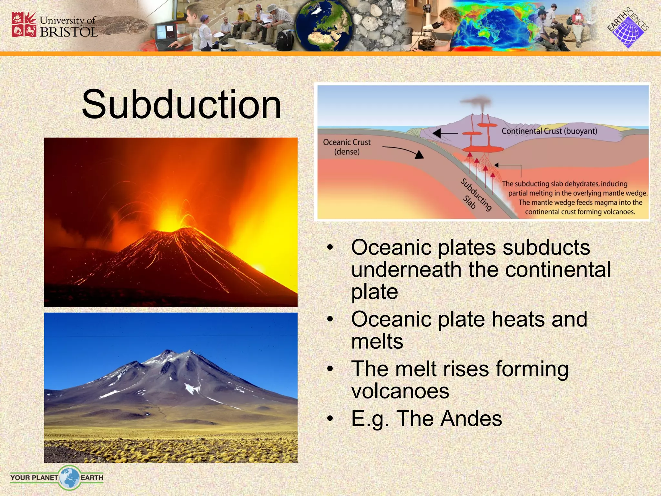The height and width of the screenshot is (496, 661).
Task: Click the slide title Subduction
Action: [181, 105]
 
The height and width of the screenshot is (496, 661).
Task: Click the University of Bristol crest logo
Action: [24, 25]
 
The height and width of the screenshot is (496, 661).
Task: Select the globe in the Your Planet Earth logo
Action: [69, 477]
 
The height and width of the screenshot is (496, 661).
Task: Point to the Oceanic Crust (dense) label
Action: [347, 147]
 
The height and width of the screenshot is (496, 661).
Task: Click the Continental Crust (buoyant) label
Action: [549, 131]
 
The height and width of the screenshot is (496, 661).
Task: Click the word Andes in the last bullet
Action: [471, 418]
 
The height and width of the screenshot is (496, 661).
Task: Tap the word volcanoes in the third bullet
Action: [400, 391]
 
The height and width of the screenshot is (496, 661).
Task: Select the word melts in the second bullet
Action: [377, 342]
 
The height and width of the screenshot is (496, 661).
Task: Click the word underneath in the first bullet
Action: [406, 269]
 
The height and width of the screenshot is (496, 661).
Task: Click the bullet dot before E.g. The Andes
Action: [330, 418]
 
